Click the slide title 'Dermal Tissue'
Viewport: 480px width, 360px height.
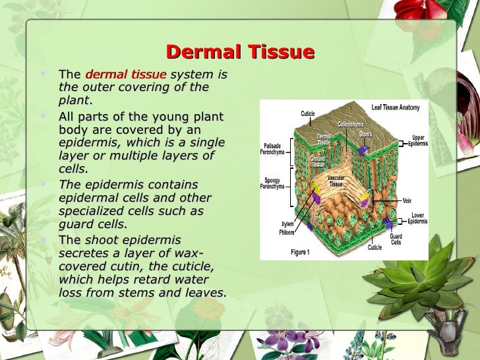pyautogui.click(x=240, y=51)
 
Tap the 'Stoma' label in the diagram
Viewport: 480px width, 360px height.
pyautogui.click(x=365, y=135)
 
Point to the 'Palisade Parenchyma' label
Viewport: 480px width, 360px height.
pyautogui.click(x=272, y=148)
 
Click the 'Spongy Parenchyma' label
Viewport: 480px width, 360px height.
pyautogui.click(x=272, y=183)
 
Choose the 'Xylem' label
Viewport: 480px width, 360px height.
pyautogui.click(x=287, y=224)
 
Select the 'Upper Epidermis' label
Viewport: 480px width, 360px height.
pyautogui.click(x=417, y=140)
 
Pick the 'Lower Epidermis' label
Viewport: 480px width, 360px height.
pyautogui.click(x=417, y=218)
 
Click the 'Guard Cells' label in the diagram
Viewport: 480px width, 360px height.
pyautogui.click(x=396, y=239)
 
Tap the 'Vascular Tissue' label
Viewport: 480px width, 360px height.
pyautogui.click(x=336, y=181)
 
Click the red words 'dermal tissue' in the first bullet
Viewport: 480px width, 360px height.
pyautogui.click(x=126, y=75)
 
